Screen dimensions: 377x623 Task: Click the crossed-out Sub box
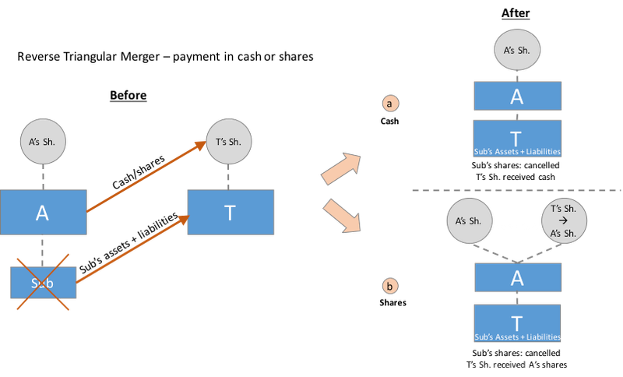(x=43, y=282)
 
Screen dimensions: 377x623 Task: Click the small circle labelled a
(x=389, y=103)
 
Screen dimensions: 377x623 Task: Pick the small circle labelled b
(x=389, y=286)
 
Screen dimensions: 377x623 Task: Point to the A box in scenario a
(x=517, y=97)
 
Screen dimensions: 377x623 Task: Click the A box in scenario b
(x=517, y=277)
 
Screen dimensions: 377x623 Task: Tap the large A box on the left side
(x=43, y=213)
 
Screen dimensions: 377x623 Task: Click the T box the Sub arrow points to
(x=230, y=213)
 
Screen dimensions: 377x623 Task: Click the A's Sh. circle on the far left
(x=43, y=142)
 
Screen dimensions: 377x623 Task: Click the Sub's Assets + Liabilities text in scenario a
(x=517, y=151)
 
